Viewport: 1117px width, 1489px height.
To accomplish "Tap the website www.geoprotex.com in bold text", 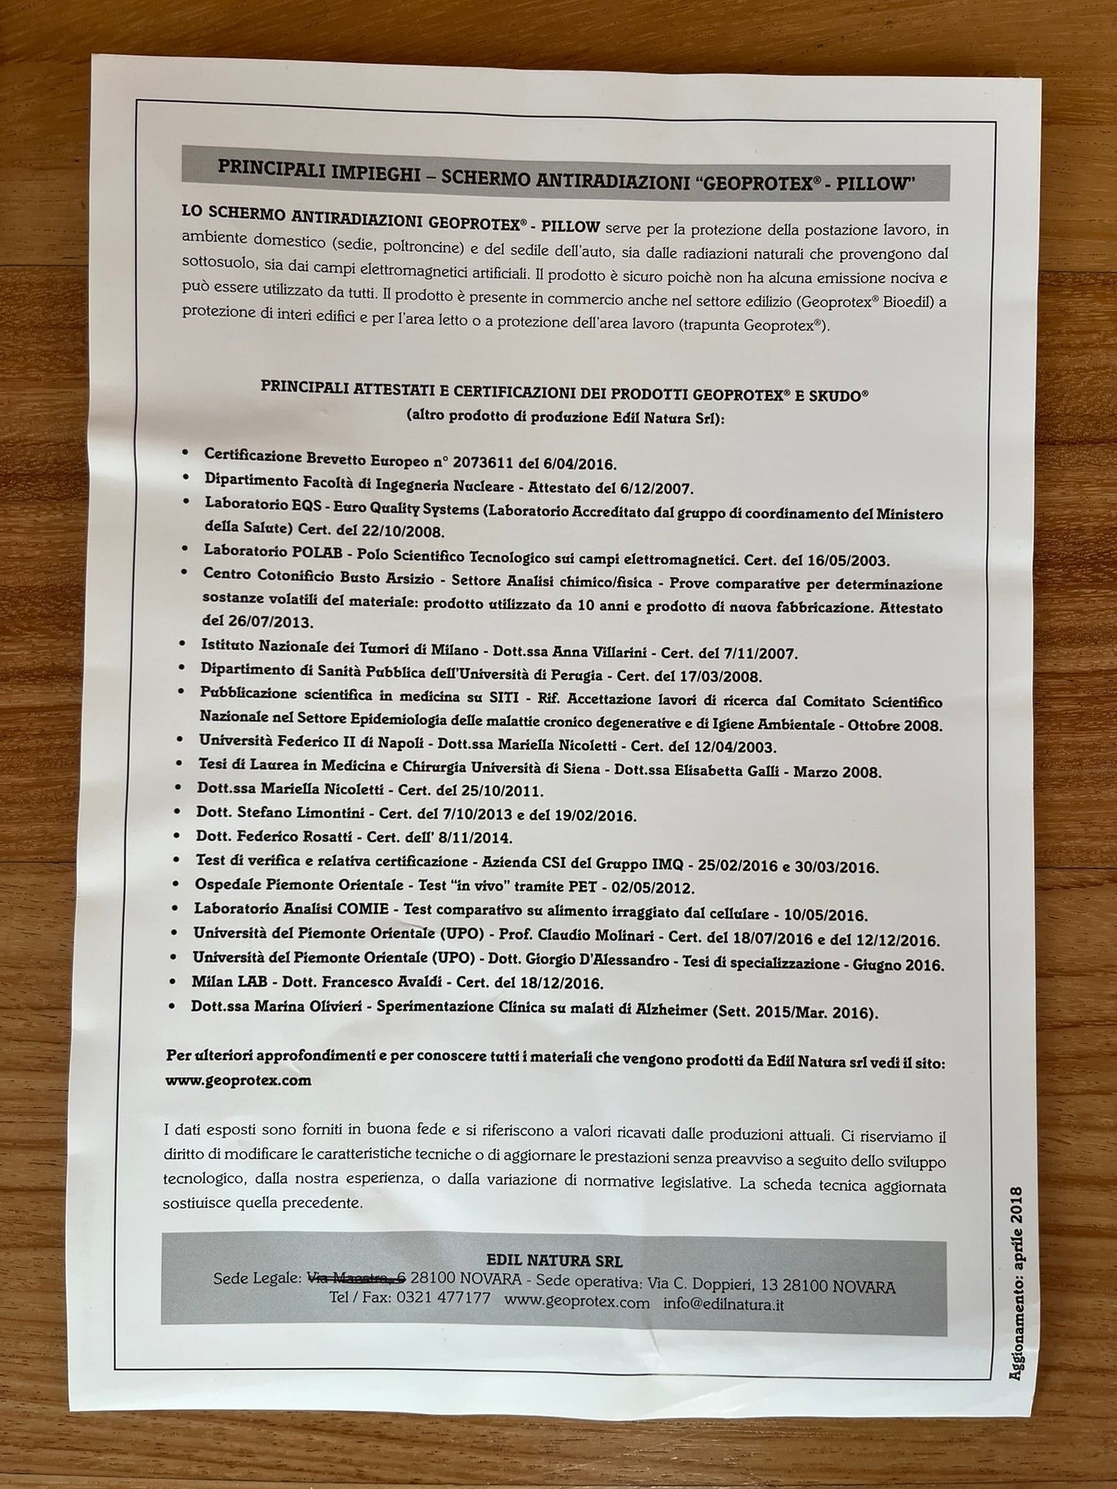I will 238,1081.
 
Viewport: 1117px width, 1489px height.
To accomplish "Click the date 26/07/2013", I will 255,621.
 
